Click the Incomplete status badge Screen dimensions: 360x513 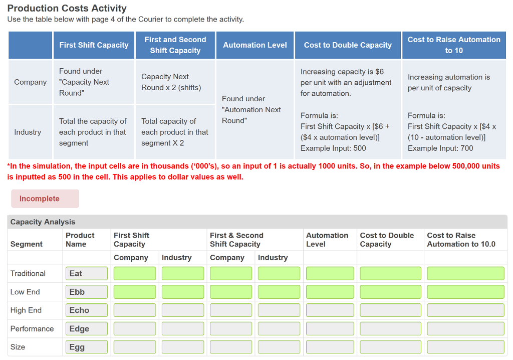click(45, 199)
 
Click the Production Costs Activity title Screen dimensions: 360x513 click(67, 9)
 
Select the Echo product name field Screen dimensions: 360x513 click(86, 310)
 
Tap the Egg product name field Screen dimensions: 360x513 click(86, 347)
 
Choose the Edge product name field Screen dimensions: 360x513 click(86, 329)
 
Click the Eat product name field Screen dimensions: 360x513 click(86, 273)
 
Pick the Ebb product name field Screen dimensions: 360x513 click(86, 292)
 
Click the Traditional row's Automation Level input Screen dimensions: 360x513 click(330, 273)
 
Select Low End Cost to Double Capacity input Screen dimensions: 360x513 click(390, 292)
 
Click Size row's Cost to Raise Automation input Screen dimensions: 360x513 click(465, 347)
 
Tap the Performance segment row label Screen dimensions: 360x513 click(32, 329)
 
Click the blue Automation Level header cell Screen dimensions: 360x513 click(255, 45)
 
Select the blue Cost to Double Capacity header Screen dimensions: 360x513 click(348, 45)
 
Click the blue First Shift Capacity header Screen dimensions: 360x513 click(94, 45)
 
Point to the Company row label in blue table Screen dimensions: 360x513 click(30, 82)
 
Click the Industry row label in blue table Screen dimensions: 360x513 click(28, 132)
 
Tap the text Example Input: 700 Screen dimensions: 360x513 click(440, 148)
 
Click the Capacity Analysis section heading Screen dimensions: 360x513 click(43, 222)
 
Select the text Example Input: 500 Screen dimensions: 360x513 click(333, 148)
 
